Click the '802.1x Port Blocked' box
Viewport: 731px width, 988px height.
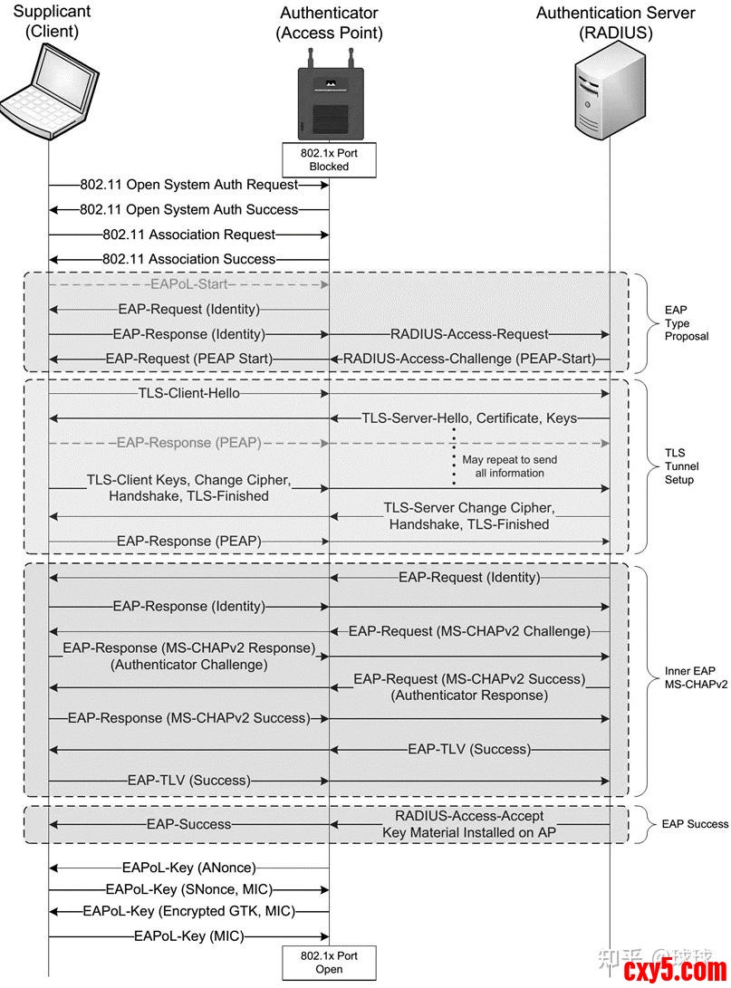tap(329, 160)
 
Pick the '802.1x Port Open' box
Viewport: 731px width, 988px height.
tap(329, 962)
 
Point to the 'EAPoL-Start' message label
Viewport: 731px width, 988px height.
tap(188, 284)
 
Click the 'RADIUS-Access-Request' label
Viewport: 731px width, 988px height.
tap(469, 334)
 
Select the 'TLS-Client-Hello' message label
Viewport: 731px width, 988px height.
tap(188, 394)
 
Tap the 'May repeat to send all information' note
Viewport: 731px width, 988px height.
tap(509, 466)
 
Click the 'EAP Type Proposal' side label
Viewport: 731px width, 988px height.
tap(686, 323)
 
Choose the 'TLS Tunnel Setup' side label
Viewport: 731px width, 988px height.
tap(679, 466)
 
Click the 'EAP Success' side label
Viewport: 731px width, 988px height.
tap(695, 824)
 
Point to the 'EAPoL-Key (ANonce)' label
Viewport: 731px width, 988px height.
tap(188, 868)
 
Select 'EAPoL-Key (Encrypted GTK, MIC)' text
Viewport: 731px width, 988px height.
tap(188, 911)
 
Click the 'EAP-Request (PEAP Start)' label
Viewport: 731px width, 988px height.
tap(188, 359)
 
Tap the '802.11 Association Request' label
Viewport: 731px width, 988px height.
tap(188, 235)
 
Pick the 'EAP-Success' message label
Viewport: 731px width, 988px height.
tap(188, 824)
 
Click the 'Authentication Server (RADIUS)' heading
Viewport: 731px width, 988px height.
tap(615, 24)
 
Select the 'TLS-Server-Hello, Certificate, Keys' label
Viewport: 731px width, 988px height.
tap(469, 418)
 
